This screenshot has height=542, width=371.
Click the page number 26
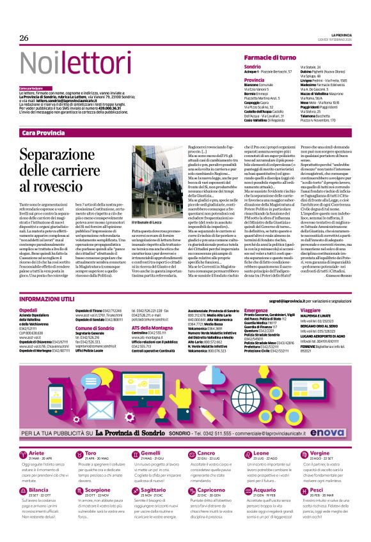[x=24, y=38]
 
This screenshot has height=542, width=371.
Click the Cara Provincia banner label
[x=43, y=132]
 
